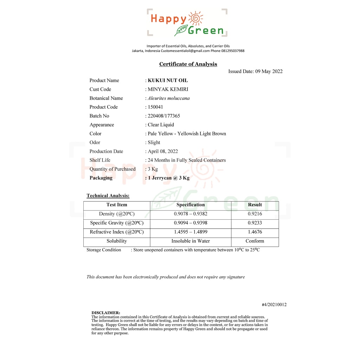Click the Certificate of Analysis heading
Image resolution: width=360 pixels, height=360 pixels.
(x=188, y=64)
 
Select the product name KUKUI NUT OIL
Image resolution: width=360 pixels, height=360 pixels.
(x=168, y=81)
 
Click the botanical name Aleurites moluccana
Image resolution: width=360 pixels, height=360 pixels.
(x=168, y=98)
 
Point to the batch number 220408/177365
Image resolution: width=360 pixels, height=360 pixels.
(x=164, y=116)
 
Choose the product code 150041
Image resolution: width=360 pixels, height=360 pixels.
(x=155, y=107)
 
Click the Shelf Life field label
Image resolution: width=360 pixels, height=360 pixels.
(x=100, y=160)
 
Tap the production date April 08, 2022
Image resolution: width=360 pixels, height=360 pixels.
(x=163, y=152)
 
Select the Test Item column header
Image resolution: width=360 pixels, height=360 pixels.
(x=117, y=205)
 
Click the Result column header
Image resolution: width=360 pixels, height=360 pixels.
(x=255, y=205)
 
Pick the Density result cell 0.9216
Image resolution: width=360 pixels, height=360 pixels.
(x=255, y=214)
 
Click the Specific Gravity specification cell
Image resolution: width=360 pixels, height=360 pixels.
(x=191, y=223)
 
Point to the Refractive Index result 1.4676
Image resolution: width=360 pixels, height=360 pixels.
(x=255, y=232)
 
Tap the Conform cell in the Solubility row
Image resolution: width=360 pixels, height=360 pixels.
(x=255, y=241)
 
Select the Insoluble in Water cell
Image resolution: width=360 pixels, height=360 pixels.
(x=191, y=241)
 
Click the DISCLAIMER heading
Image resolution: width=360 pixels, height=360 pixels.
(x=106, y=313)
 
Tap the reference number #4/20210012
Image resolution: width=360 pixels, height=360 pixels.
(x=274, y=305)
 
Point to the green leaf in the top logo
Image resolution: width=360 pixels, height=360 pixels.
(x=181, y=30)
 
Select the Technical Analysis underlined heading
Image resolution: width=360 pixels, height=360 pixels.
(x=108, y=196)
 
